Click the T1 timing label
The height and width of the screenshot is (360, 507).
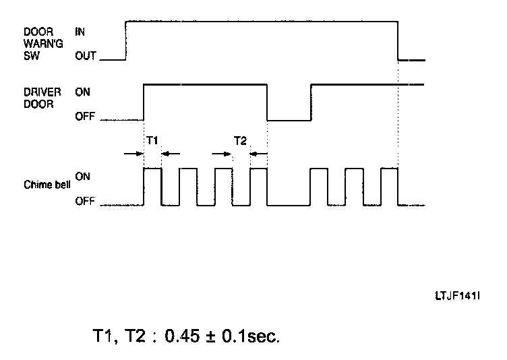[152, 140]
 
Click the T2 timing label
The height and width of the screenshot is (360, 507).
[241, 140]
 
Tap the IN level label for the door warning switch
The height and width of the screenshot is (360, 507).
[80, 31]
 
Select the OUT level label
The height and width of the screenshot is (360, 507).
[86, 57]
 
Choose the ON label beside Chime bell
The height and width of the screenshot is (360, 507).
[82, 176]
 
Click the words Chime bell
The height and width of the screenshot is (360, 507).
[47, 183]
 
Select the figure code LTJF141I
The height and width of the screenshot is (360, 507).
[460, 295]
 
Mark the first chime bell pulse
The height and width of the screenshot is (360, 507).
[152, 185]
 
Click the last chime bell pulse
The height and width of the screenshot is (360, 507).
[390, 185]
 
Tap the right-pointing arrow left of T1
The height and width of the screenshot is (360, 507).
[133, 154]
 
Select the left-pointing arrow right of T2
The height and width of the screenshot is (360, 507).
[259, 154]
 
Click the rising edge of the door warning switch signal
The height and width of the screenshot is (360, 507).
[126, 40]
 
